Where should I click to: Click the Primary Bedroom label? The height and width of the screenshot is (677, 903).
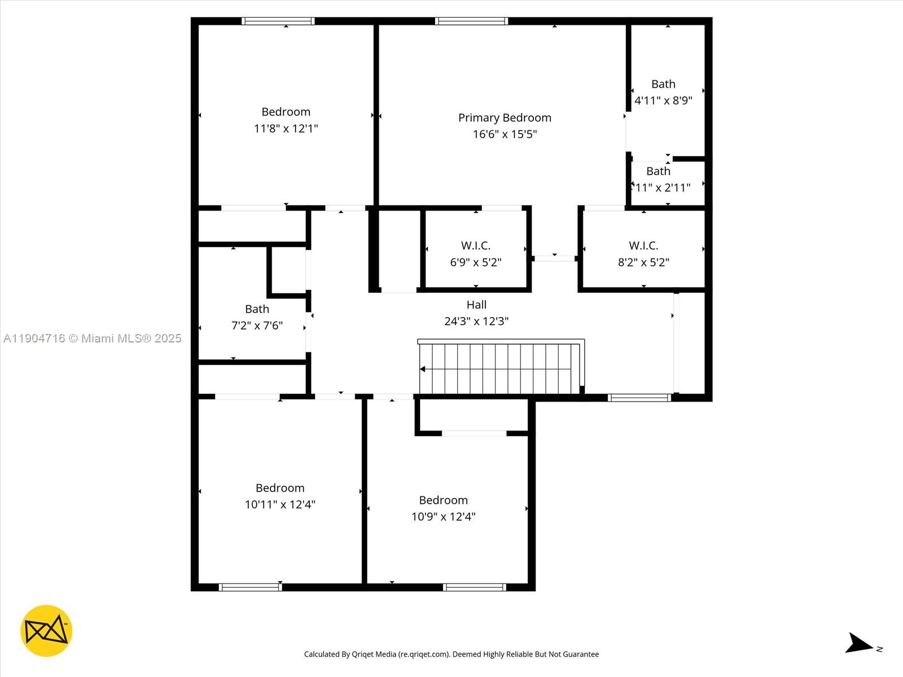click(x=505, y=117)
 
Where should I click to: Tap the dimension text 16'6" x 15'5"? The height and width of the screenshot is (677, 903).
click(x=505, y=134)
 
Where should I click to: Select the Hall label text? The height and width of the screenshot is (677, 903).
click(x=476, y=305)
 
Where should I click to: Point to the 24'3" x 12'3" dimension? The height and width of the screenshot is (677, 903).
click(x=476, y=321)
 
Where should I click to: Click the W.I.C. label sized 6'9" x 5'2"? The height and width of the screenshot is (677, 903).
click(x=475, y=245)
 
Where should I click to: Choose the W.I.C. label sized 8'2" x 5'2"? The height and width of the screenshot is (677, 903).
click(x=643, y=245)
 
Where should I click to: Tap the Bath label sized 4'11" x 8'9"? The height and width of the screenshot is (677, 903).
click(x=663, y=84)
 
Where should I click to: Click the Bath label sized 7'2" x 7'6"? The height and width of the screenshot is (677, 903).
click(x=257, y=309)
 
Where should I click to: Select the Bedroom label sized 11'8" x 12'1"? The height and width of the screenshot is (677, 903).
click(x=286, y=112)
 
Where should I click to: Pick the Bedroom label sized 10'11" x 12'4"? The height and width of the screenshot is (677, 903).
click(x=280, y=488)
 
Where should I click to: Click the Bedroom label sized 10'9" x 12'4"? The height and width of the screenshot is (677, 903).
click(x=443, y=500)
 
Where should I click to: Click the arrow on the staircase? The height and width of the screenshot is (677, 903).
click(x=423, y=369)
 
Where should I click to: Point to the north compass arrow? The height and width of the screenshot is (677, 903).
click(x=859, y=644)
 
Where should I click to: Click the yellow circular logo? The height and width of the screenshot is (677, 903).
click(x=46, y=631)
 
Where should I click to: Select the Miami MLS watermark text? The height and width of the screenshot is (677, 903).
click(x=93, y=338)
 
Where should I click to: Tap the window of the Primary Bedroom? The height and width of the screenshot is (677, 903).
click(x=471, y=21)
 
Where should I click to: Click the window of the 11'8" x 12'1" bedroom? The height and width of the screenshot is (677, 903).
click(x=278, y=21)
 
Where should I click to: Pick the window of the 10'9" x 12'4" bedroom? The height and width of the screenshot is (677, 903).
click(x=474, y=587)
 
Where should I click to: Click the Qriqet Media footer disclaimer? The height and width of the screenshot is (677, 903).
click(x=451, y=654)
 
